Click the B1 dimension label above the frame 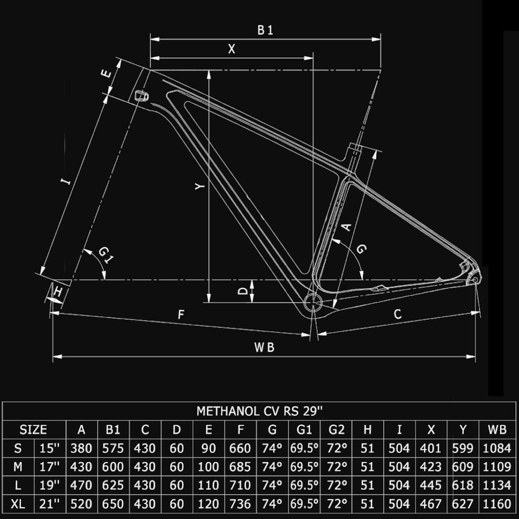point(265,30)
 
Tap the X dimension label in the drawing point(232,49)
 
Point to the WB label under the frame point(264,347)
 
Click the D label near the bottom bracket point(243,291)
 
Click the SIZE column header point(33,430)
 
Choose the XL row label point(18,504)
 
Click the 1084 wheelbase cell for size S point(497,449)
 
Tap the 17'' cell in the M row point(50,467)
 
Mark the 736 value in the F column point(240,504)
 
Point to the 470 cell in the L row point(82,485)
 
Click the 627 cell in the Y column point(463,504)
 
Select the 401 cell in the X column point(431,449)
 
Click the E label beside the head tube point(106,73)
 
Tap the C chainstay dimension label point(398,314)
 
